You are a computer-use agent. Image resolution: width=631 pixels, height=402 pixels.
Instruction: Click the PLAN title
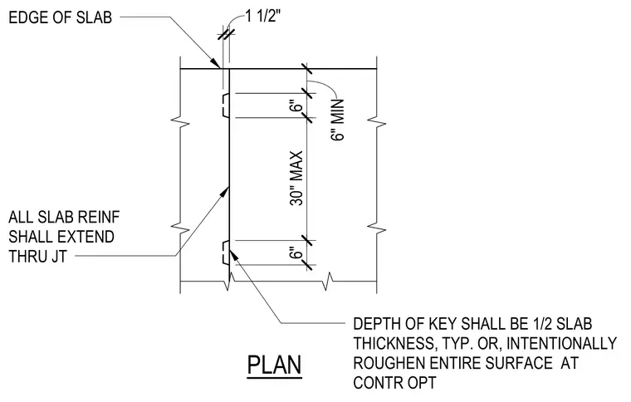pyautogui.click(x=274, y=365)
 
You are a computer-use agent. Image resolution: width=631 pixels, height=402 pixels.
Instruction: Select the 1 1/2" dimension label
pyautogui.click(x=263, y=16)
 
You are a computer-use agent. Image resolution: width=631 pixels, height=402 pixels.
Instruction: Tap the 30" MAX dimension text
pyautogui.click(x=296, y=179)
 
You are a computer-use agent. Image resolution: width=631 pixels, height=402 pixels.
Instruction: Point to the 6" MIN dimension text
pyautogui.click(x=338, y=120)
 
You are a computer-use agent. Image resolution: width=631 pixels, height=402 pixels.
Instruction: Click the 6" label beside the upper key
pyautogui.click(x=296, y=107)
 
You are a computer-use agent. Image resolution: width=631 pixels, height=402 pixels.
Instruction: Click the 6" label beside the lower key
pyautogui.click(x=296, y=253)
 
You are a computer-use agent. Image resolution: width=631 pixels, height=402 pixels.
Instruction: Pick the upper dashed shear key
pyautogui.click(x=225, y=105)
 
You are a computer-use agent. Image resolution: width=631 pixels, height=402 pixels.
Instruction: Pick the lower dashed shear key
pyautogui.click(x=225, y=252)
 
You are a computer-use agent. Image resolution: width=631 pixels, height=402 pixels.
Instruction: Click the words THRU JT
pyautogui.click(x=37, y=257)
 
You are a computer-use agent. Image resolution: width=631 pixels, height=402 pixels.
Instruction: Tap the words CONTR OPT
pyautogui.click(x=394, y=382)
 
